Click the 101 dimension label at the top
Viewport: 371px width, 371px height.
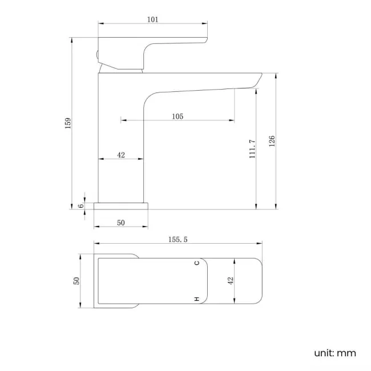click(152, 19)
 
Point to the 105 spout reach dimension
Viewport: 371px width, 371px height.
click(177, 116)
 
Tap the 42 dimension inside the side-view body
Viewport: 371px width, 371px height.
click(121, 155)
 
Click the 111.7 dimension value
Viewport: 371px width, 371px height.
click(252, 149)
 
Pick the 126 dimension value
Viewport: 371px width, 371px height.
click(272, 140)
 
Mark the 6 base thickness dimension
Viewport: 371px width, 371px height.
click(81, 205)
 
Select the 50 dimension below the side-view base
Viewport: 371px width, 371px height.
click(121, 223)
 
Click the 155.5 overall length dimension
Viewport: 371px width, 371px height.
click(178, 240)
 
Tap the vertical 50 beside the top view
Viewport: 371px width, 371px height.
click(76, 280)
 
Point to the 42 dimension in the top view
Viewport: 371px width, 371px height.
click(231, 280)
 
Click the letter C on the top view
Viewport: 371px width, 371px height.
click(196, 263)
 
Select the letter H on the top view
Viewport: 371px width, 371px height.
click(196, 299)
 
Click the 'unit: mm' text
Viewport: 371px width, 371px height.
click(334, 353)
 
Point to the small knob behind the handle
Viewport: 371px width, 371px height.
click(97, 56)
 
